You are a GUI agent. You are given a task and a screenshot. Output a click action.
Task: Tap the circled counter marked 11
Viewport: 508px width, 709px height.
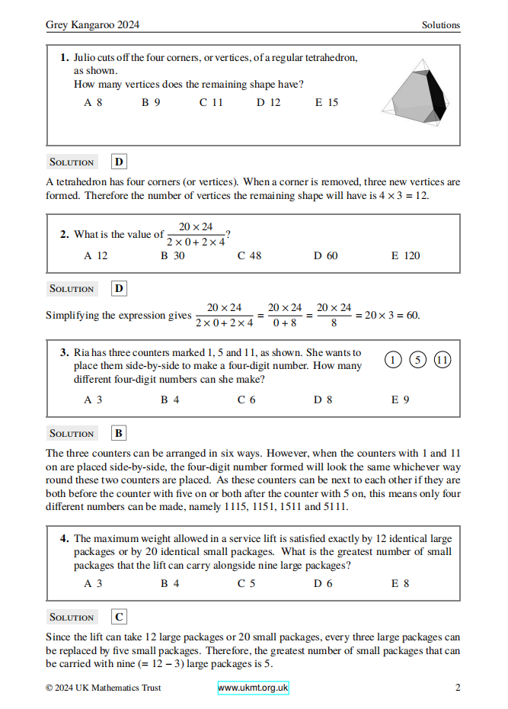pyautogui.click(x=442, y=361)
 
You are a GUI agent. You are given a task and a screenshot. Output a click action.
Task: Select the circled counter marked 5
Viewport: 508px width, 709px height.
pyautogui.click(x=417, y=361)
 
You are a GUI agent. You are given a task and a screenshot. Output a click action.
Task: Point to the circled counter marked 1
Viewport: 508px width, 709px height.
pyautogui.click(x=393, y=361)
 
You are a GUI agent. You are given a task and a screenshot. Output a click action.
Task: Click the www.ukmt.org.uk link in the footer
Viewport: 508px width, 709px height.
pyautogui.click(x=253, y=688)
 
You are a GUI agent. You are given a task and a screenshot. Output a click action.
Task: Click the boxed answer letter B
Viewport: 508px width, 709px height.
pyautogui.click(x=119, y=433)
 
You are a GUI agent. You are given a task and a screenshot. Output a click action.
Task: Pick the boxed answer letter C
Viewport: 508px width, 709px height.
pyautogui.click(x=119, y=617)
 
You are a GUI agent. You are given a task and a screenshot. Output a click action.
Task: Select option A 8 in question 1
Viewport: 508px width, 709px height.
pyautogui.click(x=93, y=102)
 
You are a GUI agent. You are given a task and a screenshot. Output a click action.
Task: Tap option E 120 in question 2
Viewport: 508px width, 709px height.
pyautogui.click(x=405, y=255)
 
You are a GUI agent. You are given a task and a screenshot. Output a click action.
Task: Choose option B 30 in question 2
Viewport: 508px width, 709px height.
pyautogui.click(x=172, y=255)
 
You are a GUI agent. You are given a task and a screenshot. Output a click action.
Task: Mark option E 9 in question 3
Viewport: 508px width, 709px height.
pyautogui.click(x=400, y=399)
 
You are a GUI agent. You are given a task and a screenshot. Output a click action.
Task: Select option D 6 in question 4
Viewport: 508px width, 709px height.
pyautogui.click(x=323, y=583)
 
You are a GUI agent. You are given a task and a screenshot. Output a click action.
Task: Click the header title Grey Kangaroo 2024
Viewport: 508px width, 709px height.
pyautogui.click(x=92, y=25)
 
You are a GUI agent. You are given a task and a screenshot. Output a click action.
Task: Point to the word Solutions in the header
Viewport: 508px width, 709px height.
pyautogui.click(x=441, y=25)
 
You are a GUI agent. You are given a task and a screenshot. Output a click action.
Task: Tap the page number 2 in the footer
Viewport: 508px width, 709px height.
pyautogui.click(x=458, y=688)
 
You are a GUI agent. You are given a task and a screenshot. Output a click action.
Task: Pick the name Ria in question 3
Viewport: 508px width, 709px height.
pyautogui.click(x=82, y=353)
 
